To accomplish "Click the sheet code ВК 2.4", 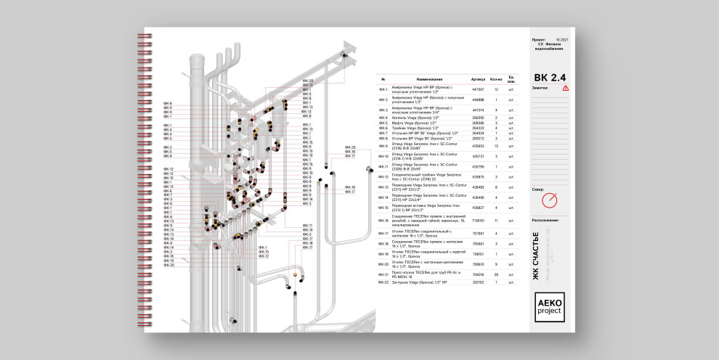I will click(x=549, y=77).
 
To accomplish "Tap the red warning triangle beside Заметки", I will click(x=566, y=88).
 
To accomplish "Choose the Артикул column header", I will click(x=478, y=78).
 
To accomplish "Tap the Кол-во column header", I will click(x=496, y=78).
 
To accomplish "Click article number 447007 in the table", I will click(x=478, y=89).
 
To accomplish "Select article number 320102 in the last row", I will click(x=478, y=282).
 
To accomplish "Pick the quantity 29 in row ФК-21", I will click(x=496, y=275).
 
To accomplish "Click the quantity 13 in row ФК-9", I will click(x=496, y=146).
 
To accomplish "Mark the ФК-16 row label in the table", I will click(x=383, y=221).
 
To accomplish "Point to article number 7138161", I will click(x=478, y=221).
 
